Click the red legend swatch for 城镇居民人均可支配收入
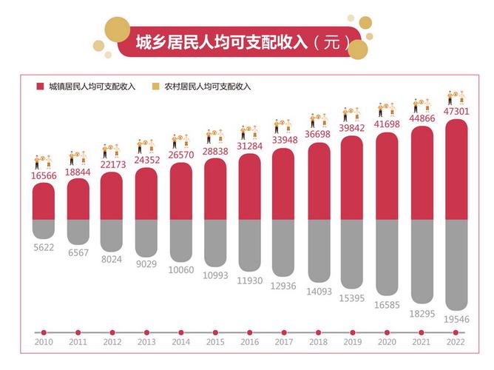(41, 87)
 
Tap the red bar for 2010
(44, 201)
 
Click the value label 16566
(44, 174)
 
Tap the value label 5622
(44, 248)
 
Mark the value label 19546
(456, 319)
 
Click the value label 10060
(181, 269)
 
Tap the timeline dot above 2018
(319, 332)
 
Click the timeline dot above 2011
(78, 332)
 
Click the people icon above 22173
(112, 151)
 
